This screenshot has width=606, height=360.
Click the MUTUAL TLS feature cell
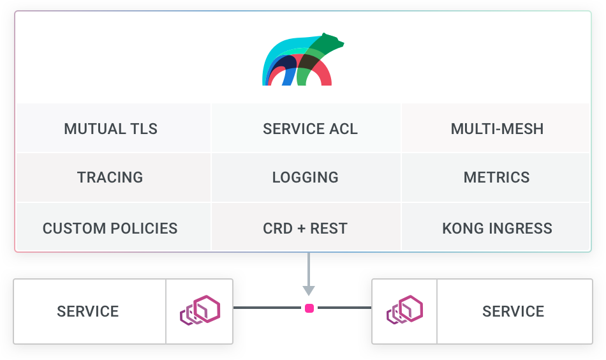click(x=111, y=128)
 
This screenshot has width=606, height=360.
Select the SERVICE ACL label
click(x=310, y=128)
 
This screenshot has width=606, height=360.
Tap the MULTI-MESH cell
click(x=497, y=128)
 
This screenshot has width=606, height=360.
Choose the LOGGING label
click(x=305, y=177)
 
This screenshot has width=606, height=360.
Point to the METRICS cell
click(x=496, y=177)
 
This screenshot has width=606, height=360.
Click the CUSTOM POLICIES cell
click(x=110, y=228)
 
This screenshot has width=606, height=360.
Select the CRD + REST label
click(x=305, y=228)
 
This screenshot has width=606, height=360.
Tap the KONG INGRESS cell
click(x=497, y=228)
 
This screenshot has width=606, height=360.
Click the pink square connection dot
click(x=309, y=308)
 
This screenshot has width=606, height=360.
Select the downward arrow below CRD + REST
click(x=309, y=274)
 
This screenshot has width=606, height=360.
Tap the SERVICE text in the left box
click(x=88, y=311)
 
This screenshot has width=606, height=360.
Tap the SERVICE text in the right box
click(x=513, y=311)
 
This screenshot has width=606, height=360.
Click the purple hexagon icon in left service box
click(x=200, y=310)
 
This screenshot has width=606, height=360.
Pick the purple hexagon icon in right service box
click(x=405, y=310)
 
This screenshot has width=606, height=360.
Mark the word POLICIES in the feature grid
click(x=144, y=228)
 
